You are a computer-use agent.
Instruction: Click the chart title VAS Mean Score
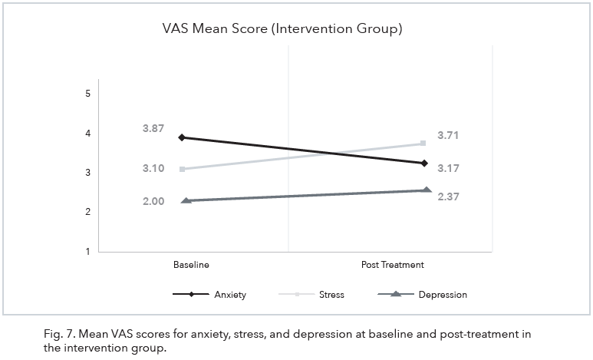282,30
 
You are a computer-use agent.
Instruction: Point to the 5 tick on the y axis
88,94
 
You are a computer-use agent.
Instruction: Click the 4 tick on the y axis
88,134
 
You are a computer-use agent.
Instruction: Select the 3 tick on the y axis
88,173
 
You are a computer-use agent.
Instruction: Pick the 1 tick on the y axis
88,252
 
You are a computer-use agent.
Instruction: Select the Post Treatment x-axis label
393,265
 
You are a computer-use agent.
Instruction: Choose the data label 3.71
449,136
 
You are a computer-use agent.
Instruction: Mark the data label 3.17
449,168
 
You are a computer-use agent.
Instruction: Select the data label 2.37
449,197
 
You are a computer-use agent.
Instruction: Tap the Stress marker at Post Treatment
423,144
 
